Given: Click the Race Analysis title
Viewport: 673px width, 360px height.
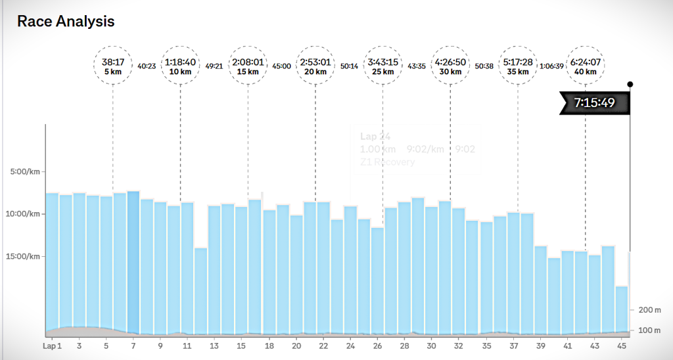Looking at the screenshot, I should click(66, 22).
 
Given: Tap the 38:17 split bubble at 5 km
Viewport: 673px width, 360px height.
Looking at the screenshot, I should click(112, 66).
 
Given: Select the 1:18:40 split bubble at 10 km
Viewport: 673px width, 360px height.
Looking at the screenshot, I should click(180, 66).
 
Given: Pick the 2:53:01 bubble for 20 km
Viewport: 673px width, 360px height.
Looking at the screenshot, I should click(315, 66).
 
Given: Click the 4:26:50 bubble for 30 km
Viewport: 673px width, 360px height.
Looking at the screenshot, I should click(450, 66).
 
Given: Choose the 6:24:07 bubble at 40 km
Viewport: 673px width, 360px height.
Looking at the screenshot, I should click(586, 66).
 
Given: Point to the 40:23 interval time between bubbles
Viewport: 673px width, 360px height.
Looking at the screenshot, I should click(146, 66).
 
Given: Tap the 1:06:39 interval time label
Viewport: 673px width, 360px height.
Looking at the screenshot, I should click(551, 66).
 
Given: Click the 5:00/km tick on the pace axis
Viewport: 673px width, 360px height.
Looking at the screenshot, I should click(27, 172).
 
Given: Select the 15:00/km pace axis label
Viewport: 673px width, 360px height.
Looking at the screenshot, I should click(26, 256).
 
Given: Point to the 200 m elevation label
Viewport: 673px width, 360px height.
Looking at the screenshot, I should click(648, 309).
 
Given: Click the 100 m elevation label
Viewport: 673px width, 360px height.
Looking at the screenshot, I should click(648, 330).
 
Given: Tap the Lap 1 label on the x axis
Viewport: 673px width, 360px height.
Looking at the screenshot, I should click(52, 346).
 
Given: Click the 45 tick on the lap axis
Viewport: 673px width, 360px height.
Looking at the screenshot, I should click(621, 346).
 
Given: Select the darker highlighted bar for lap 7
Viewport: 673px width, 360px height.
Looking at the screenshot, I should click(133, 263).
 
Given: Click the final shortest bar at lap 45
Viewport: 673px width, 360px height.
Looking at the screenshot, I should click(621, 310).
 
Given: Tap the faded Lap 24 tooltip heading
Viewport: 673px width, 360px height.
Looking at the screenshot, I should click(375, 137).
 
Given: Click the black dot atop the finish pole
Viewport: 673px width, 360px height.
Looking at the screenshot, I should click(630, 84).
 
